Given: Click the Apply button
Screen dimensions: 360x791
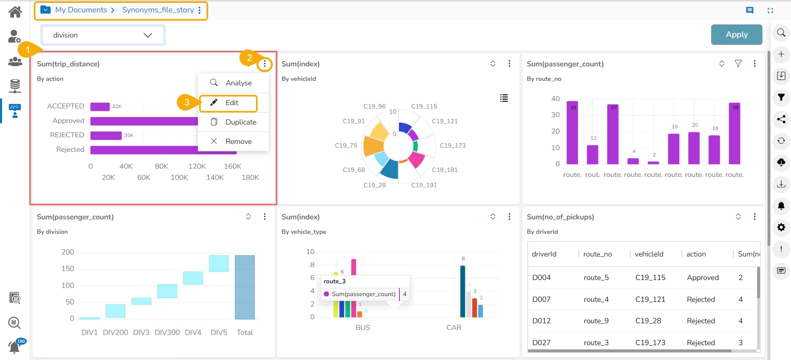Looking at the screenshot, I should point(736,35).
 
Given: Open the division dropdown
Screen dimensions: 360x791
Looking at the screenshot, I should point(103,35).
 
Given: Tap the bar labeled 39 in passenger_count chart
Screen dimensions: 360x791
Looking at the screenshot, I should point(572,133).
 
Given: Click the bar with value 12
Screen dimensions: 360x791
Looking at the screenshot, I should point(592,155).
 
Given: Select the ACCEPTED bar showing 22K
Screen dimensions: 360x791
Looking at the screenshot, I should point(100,106).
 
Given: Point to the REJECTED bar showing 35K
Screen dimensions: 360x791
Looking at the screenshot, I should point(106,135).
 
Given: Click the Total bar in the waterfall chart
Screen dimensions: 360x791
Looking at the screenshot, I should point(244,287).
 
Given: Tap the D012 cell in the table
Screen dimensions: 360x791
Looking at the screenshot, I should point(541,321).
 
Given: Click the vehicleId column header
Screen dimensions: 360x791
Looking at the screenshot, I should point(649,254).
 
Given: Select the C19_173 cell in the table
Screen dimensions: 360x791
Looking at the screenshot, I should point(650,343).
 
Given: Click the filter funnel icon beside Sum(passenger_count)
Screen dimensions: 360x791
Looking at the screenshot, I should point(738,64).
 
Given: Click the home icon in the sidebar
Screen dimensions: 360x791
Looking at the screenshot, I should point(15,12).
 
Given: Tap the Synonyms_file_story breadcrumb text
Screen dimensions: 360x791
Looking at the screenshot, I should point(158,10).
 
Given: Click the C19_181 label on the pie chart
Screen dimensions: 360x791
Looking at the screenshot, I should point(444,170).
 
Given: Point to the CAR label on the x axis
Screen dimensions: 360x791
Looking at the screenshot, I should point(454,327).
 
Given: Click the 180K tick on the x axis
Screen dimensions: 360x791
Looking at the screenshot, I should point(250,177).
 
